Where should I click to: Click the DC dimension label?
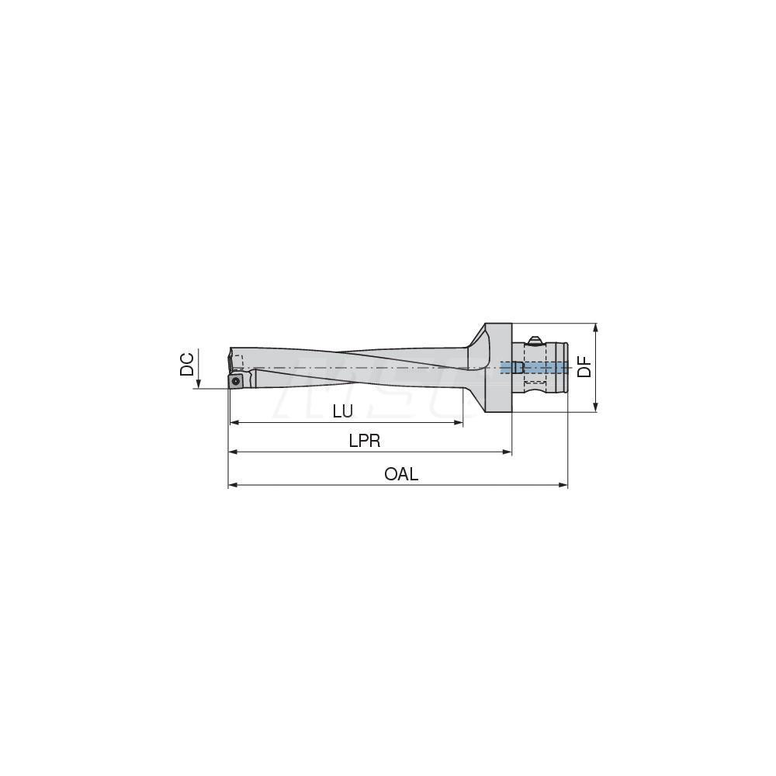point(187,365)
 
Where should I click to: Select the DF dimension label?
point(584,366)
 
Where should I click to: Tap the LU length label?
point(342,412)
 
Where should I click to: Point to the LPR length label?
point(364,441)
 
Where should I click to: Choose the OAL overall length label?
point(401,474)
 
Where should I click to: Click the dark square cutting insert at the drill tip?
point(237,380)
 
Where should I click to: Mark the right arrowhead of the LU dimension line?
point(459,423)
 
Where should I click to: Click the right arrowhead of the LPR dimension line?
point(508,452)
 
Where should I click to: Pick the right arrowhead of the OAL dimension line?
point(564,486)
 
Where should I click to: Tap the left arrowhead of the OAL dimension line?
point(232,486)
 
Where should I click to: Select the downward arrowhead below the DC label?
point(199,383)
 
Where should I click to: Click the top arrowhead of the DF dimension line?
point(596,327)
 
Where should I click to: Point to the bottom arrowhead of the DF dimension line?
point(596,408)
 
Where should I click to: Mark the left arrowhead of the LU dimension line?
point(232,423)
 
